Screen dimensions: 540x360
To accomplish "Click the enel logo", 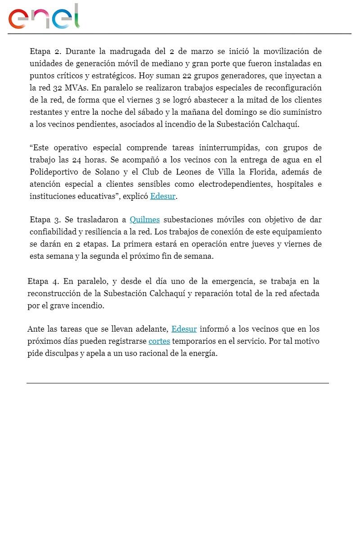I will pyautogui.click(x=44, y=17).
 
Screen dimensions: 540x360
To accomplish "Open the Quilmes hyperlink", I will pyautogui.click(x=144, y=220).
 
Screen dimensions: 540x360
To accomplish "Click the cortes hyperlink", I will pyautogui.click(x=159, y=341).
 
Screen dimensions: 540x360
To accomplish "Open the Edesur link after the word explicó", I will pyautogui.click(x=162, y=197).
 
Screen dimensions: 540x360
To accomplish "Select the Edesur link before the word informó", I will pyautogui.click(x=184, y=329).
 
